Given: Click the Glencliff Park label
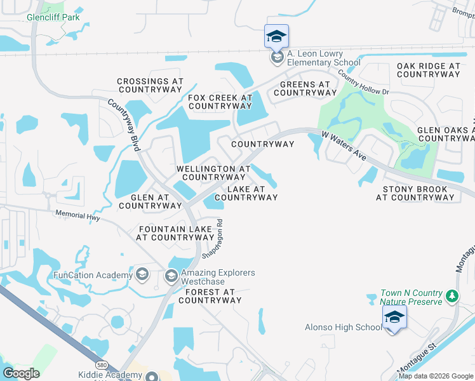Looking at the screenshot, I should coord(53,17).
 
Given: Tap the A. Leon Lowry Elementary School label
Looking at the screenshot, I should coord(323,58).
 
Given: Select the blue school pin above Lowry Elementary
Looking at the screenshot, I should coord(276,36).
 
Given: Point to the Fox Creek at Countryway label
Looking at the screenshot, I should coord(220,102).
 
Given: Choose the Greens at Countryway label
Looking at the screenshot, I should coord(305,88).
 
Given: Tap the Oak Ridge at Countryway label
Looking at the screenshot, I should coord(428,70).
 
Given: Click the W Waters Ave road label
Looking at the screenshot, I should coord(343,145).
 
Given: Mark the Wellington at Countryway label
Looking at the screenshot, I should coord(213,173).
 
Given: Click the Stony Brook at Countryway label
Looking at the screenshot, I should coord(415,193).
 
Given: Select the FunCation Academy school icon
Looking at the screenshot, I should coord(142,274).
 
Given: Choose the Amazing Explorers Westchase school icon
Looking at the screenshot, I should coord(171,276).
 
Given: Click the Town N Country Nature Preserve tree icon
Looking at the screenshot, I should coord(452,296).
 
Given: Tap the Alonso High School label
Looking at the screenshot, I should coord(342,327).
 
